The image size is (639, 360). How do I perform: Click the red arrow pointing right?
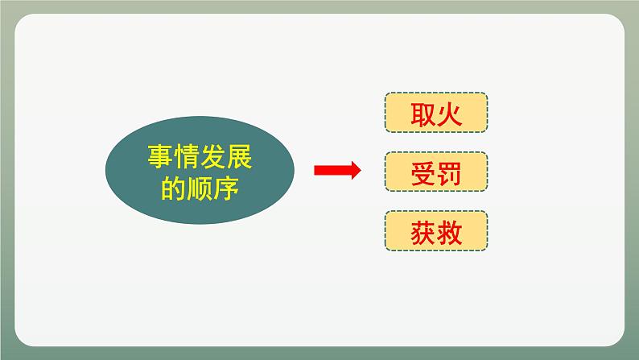(x=337, y=170)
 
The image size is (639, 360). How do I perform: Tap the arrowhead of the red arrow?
(x=357, y=170)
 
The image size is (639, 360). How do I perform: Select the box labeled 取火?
(x=436, y=113)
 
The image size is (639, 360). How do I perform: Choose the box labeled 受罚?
(x=436, y=172)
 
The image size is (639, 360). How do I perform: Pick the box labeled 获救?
(x=436, y=231)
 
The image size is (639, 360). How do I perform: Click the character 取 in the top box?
(x=423, y=114)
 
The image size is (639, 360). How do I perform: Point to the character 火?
(x=449, y=114)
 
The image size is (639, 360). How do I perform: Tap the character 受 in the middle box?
(x=423, y=174)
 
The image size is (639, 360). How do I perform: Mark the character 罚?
(x=449, y=174)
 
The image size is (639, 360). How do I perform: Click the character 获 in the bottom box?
(x=423, y=234)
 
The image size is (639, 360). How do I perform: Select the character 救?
(x=449, y=234)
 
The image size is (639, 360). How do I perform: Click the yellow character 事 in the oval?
(x=160, y=156)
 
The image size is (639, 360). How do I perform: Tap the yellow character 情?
(x=186, y=156)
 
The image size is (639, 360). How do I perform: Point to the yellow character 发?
(x=212, y=156)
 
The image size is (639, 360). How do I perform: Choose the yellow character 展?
(x=239, y=156)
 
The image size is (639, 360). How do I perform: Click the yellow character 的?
(x=173, y=188)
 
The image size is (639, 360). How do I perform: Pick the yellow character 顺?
(x=200, y=188)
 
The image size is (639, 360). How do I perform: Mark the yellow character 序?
(x=226, y=188)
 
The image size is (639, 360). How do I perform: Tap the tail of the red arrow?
(x=315, y=170)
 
